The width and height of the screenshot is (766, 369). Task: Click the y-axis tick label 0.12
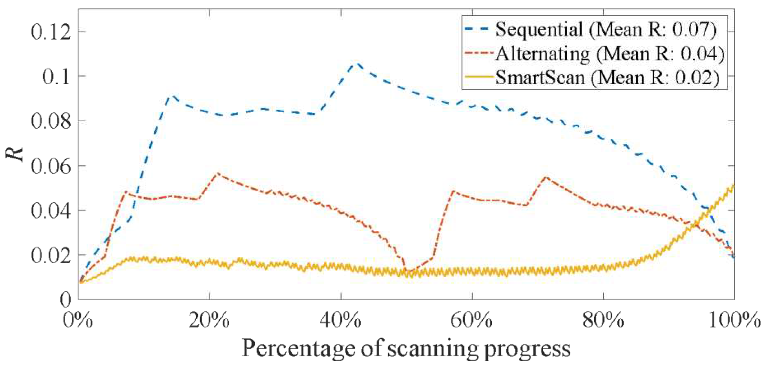click(x=51, y=32)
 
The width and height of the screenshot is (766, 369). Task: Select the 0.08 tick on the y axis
click(x=51, y=121)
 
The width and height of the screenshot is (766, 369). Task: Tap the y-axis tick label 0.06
click(x=51, y=166)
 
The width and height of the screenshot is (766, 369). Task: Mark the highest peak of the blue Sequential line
click(x=357, y=63)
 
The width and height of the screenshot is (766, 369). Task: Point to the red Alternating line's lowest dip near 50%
click(x=409, y=271)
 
